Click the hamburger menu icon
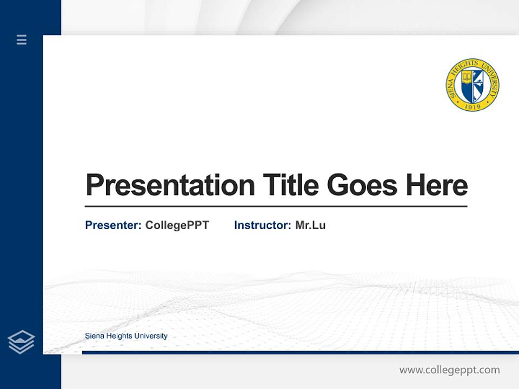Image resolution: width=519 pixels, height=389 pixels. click(x=22, y=39)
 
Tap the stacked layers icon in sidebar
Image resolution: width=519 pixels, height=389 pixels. click(x=21, y=342)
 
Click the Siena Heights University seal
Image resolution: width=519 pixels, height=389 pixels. click(x=473, y=85)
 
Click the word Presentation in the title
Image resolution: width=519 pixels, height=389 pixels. click(x=170, y=185)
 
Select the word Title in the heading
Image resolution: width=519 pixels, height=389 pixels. click(x=290, y=185)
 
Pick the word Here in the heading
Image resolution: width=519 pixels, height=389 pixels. click(x=436, y=185)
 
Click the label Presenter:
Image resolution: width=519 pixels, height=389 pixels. click(x=113, y=225)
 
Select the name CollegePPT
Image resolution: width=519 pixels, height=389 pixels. click(x=177, y=225)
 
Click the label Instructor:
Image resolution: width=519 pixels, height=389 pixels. click(x=262, y=225)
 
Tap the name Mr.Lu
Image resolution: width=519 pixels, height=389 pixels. click(x=310, y=225)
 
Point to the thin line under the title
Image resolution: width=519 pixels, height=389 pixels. click(x=276, y=206)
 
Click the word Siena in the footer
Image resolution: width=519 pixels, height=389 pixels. click(x=94, y=336)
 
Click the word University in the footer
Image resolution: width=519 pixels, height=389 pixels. click(x=151, y=336)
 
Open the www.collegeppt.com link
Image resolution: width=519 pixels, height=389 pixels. click(x=449, y=370)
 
